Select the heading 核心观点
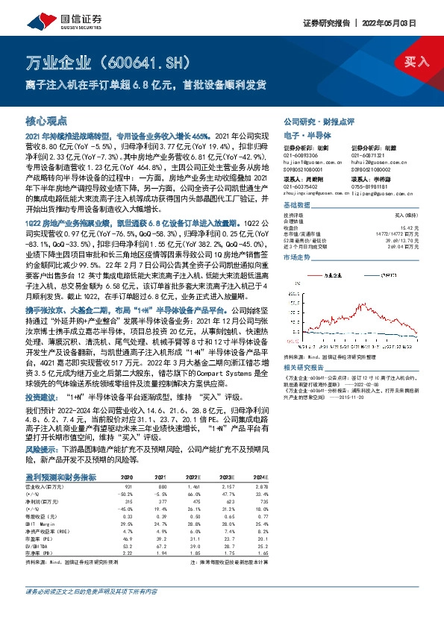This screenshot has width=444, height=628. pyautogui.click(x=46, y=119)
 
